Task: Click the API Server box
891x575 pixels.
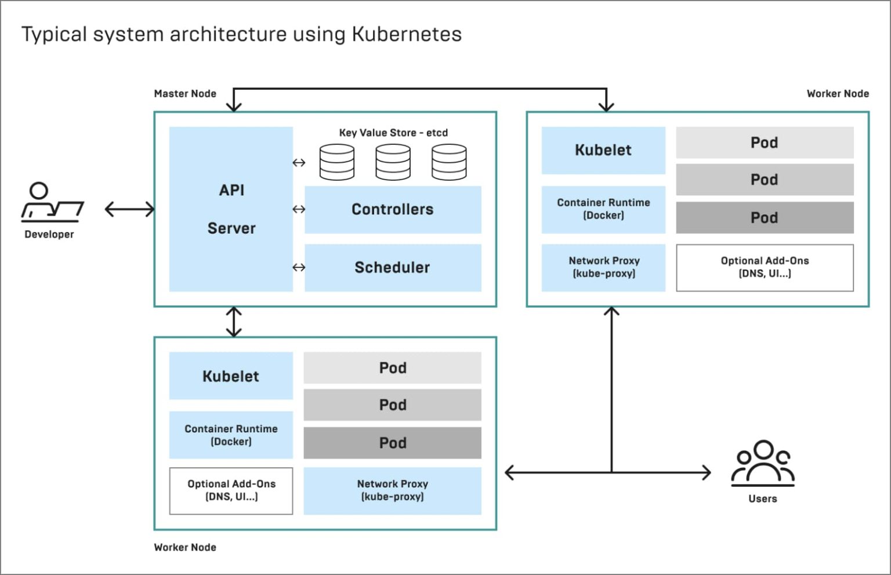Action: click(231, 209)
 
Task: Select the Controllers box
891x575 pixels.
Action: click(393, 209)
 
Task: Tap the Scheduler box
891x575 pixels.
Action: click(393, 267)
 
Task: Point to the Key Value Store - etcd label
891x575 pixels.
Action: click(393, 133)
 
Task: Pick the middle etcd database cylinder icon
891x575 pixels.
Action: click(393, 162)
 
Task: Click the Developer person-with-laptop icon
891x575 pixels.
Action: click(52, 202)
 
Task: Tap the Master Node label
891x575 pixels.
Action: click(185, 94)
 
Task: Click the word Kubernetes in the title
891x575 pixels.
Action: click(407, 34)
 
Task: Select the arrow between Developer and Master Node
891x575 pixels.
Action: click(129, 209)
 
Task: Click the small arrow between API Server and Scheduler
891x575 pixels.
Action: click(299, 267)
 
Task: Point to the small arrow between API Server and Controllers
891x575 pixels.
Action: click(299, 209)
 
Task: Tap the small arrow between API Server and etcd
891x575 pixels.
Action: click(299, 163)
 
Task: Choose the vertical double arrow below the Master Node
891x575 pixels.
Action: click(234, 322)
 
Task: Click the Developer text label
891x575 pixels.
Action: click(49, 234)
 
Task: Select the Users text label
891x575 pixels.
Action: click(762, 498)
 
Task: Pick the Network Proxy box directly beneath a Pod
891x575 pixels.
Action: click(393, 490)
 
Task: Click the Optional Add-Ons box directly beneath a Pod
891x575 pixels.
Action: click(765, 267)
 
